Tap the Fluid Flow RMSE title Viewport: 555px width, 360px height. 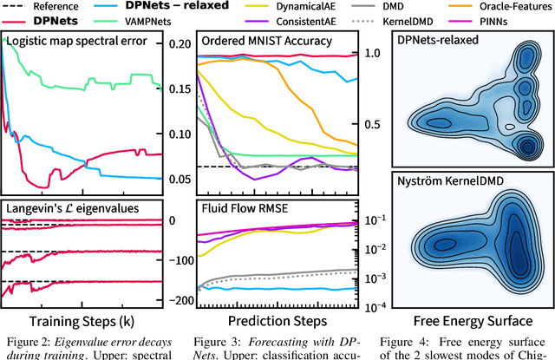click(248, 209)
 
